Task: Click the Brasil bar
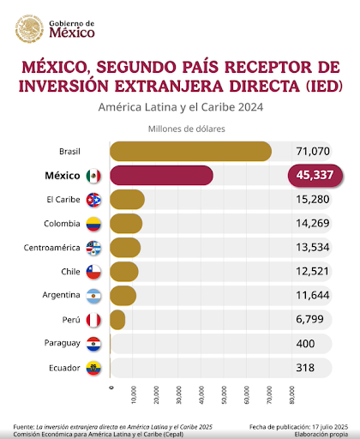(190, 151)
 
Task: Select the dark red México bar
(161, 175)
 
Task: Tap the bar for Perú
(117, 320)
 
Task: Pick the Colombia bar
(126, 223)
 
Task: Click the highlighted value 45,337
(315, 175)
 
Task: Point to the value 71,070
(313, 151)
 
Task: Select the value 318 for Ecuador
(305, 368)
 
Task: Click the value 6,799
(309, 319)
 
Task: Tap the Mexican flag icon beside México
(93, 176)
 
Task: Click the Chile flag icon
(93, 272)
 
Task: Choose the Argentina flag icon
(93, 296)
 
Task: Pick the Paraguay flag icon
(93, 344)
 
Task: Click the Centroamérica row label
(51, 248)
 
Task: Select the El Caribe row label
(63, 200)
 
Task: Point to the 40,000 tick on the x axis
(201, 395)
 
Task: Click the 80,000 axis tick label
(291, 395)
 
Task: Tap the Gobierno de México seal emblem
(29, 28)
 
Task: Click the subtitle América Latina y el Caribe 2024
(181, 107)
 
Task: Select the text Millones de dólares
(187, 129)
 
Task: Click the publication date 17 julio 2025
(330, 427)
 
